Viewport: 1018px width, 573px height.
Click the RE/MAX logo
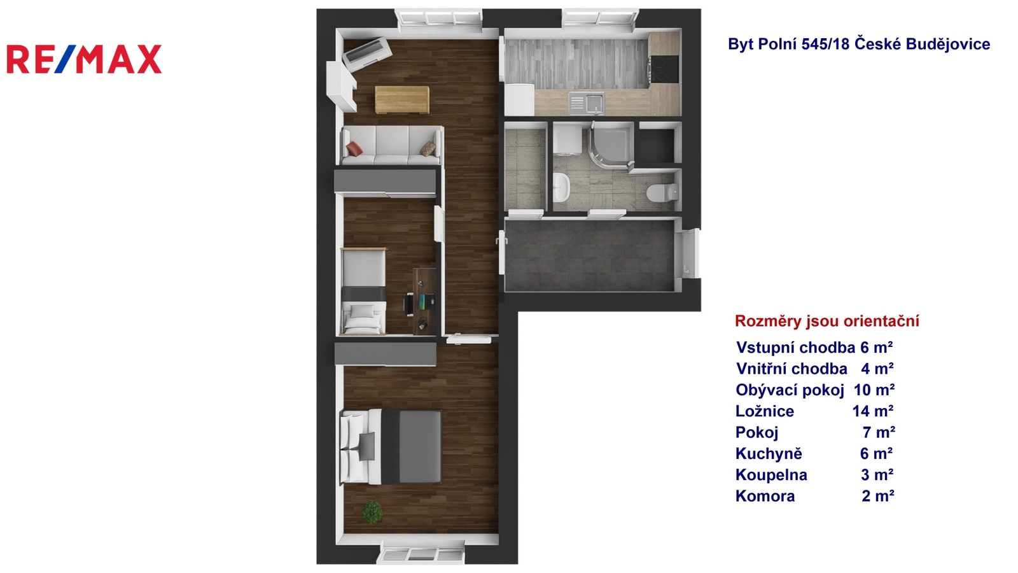click(84, 59)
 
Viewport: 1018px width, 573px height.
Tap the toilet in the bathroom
click(662, 192)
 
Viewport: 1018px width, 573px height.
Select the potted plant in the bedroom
click(372, 512)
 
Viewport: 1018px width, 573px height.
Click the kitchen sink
click(587, 103)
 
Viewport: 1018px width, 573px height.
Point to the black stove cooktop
click(664, 69)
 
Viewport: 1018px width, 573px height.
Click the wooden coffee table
click(402, 99)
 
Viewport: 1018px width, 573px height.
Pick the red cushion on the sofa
click(354, 149)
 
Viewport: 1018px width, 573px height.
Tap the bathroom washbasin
click(562, 187)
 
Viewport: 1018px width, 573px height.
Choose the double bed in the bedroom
click(391, 446)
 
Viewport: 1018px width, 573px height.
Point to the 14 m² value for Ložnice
click(872, 411)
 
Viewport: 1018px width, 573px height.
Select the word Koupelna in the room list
click(771, 475)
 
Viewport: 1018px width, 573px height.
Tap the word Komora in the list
click(765, 496)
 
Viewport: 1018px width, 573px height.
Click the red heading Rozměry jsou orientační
click(827, 321)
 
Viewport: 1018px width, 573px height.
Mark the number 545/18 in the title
click(825, 44)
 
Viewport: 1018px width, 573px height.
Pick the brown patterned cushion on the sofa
click(428, 148)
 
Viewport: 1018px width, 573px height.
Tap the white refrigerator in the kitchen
click(519, 99)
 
